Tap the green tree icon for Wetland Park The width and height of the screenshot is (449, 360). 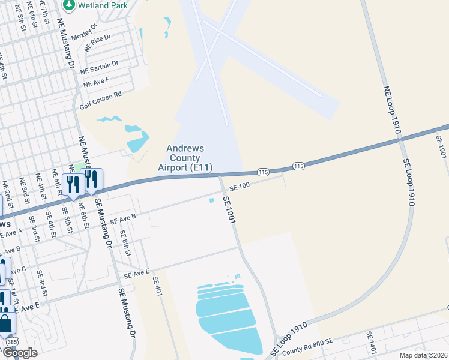click(69, 5)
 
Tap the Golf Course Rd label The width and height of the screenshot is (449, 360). click(101, 100)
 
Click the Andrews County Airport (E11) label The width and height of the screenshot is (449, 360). click(185, 158)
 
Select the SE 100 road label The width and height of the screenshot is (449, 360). click(238, 187)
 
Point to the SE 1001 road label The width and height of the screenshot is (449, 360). click(229, 210)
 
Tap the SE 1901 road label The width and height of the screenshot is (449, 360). click(442, 147)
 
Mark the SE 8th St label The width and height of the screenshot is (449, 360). click(125, 243)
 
